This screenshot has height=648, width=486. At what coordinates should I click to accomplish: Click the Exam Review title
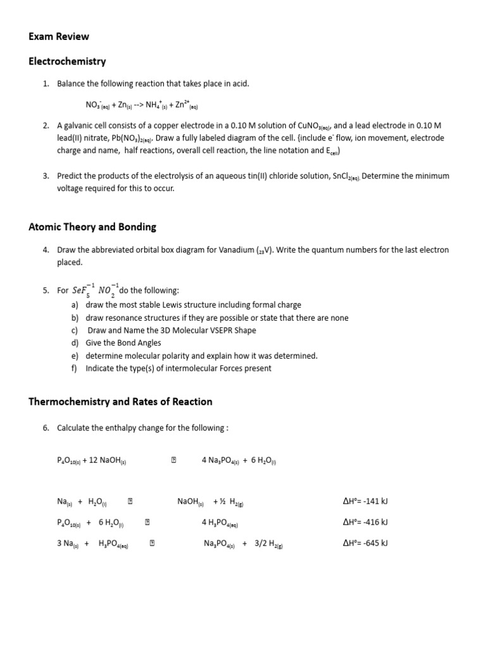pyautogui.click(x=59, y=37)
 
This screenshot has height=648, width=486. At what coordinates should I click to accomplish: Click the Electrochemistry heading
pyautogui.click(x=67, y=61)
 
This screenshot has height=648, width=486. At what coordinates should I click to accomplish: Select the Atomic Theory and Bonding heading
pyautogui.click(x=92, y=227)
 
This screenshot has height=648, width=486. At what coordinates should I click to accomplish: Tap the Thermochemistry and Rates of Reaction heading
pyautogui.click(x=120, y=401)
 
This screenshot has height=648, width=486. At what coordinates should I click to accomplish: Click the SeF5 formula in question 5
pyautogui.click(x=81, y=290)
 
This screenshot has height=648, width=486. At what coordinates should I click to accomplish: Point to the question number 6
pyautogui.click(x=46, y=428)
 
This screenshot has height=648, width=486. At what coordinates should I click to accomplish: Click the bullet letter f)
pyautogui.click(x=75, y=368)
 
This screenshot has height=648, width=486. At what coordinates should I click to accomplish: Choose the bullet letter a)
pyautogui.click(x=75, y=305)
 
